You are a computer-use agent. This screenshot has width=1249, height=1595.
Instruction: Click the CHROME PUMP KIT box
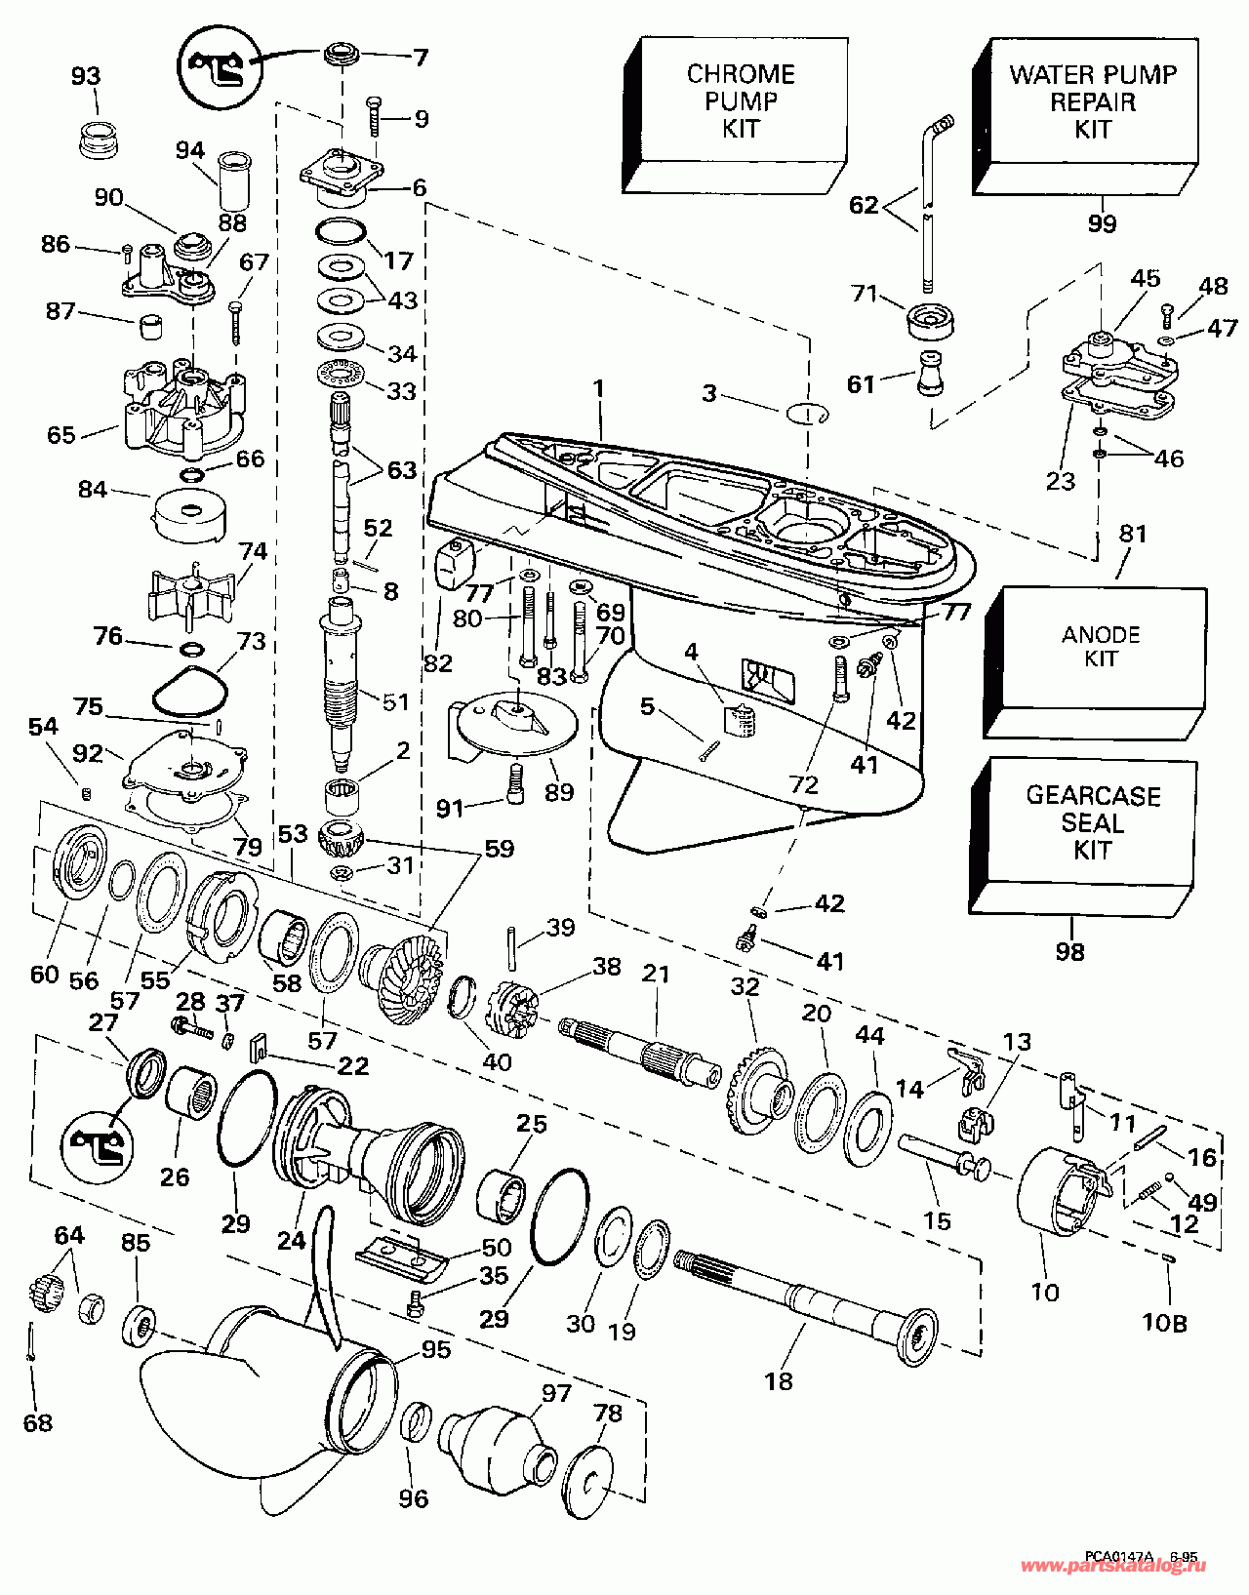[x=740, y=101]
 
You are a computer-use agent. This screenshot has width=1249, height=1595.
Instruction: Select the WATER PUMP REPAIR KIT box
[x=1091, y=101]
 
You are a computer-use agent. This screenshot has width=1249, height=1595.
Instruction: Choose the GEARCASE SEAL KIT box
[x=1091, y=822]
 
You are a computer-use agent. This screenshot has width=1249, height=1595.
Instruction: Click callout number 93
[x=86, y=76]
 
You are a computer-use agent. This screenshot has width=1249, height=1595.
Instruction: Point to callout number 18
[x=779, y=1381]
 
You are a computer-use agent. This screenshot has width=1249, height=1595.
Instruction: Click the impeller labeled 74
[x=191, y=591]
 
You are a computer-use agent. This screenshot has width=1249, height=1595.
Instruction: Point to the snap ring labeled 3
[x=806, y=414]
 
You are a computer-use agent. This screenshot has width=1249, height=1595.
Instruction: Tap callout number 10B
[x=1164, y=1324]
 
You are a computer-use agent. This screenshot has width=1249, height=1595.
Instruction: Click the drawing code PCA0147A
[x=1117, y=1557]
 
